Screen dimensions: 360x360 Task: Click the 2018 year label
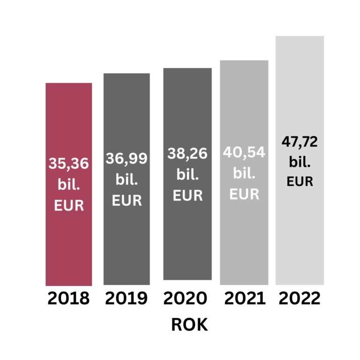click(x=68, y=299)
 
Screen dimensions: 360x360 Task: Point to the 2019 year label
click(x=127, y=299)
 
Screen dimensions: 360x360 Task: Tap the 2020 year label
click(x=186, y=299)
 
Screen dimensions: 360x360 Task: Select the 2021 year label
click(x=244, y=299)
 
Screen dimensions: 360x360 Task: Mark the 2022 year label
click(x=300, y=299)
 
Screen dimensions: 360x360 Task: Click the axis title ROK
click(x=189, y=325)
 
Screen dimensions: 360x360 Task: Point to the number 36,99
click(x=127, y=158)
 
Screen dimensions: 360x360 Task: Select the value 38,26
click(x=187, y=153)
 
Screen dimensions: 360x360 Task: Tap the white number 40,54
click(x=244, y=152)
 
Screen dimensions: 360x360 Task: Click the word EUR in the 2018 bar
click(x=69, y=205)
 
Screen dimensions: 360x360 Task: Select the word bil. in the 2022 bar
click(x=300, y=162)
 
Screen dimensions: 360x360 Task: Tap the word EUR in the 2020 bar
click(x=187, y=195)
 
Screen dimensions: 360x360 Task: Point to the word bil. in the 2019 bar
click(x=127, y=180)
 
